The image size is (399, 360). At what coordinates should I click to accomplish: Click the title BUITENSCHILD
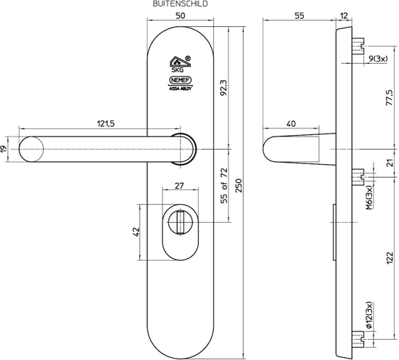click(181, 4)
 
